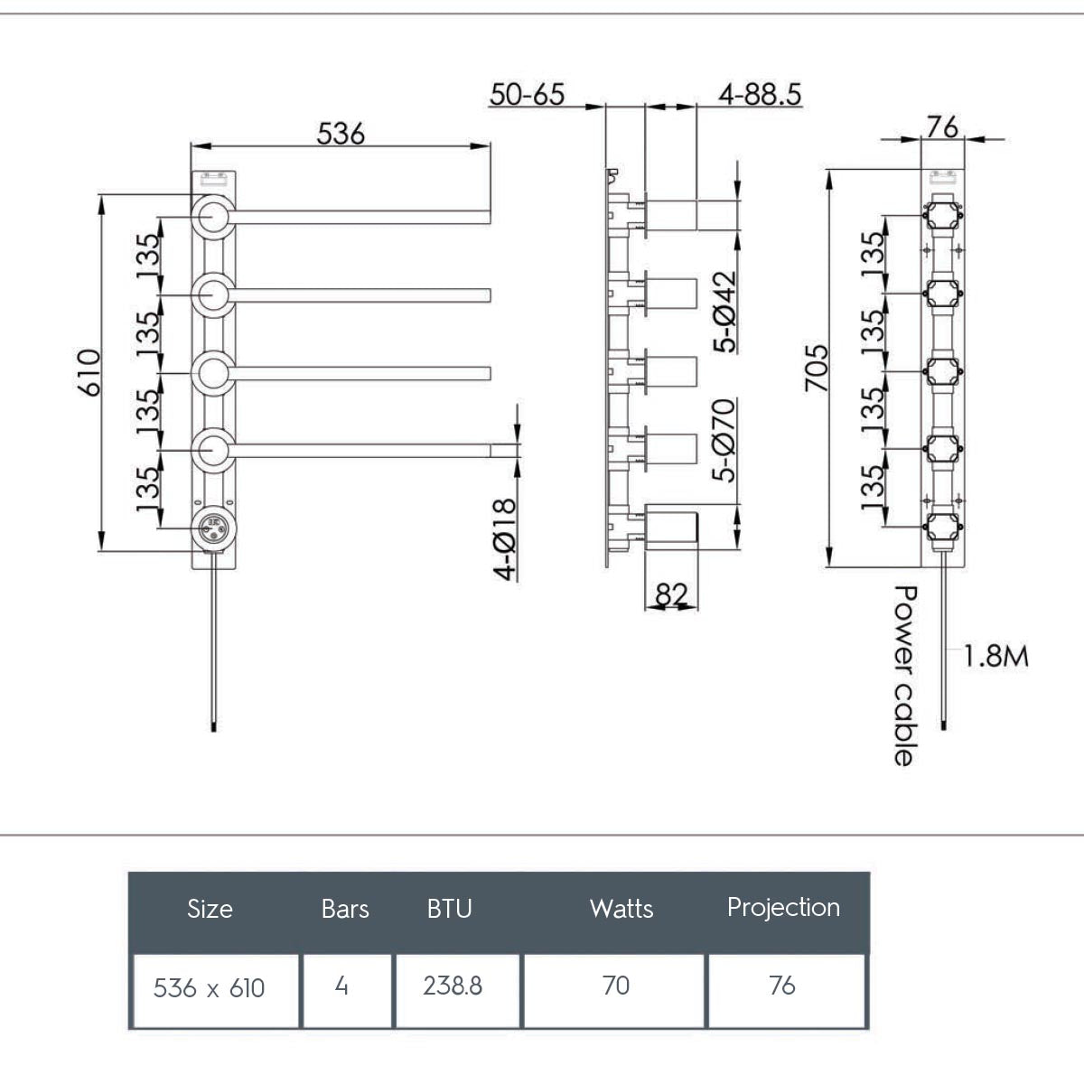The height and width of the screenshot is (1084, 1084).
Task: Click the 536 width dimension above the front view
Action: click(x=341, y=134)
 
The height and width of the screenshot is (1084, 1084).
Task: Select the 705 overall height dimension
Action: click(x=817, y=367)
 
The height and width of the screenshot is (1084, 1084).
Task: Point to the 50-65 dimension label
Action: click(x=527, y=94)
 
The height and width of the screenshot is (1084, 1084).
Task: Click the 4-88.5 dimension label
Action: click(x=760, y=94)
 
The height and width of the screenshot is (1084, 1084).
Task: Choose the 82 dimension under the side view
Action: click(x=671, y=594)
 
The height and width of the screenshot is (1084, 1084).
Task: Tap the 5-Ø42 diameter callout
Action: click(x=724, y=311)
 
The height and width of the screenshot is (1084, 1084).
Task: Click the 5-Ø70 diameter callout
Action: click(x=724, y=440)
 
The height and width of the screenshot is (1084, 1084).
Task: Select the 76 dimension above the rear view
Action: click(x=941, y=127)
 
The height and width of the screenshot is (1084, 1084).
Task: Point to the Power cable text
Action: click(x=903, y=676)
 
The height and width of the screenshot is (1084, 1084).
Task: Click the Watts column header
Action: click(x=621, y=908)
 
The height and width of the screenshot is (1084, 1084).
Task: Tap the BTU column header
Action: click(x=449, y=908)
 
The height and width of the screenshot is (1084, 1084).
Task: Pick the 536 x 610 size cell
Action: click(x=209, y=987)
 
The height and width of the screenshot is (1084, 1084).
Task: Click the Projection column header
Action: click(x=783, y=907)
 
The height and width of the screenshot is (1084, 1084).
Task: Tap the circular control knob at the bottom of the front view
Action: click(x=213, y=528)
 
